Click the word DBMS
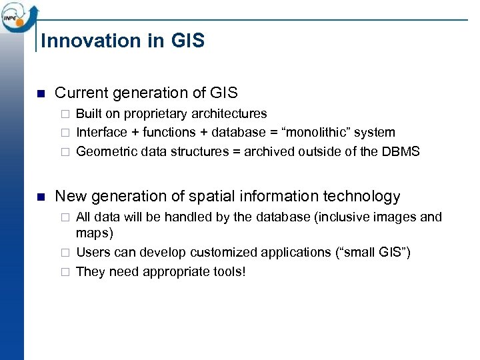[x=401, y=151]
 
